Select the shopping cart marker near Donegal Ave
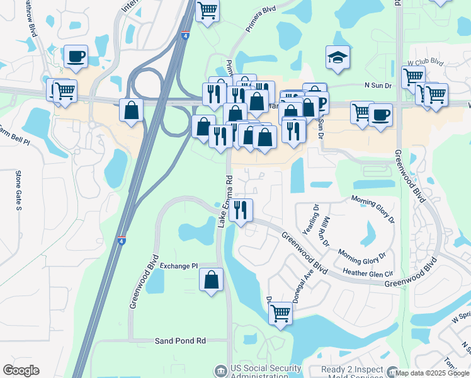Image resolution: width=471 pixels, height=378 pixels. [280, 313]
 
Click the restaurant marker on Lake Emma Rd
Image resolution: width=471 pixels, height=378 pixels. [240, 210]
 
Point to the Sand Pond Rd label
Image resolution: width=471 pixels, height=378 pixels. [181, 341]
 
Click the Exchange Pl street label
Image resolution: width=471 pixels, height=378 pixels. [179, 266]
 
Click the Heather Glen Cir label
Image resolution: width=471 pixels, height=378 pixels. [368, 272]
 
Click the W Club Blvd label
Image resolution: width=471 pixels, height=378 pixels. [425, 63]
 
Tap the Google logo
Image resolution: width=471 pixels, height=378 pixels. [21, 370]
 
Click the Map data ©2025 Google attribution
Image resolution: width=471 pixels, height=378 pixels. [433, 372]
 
